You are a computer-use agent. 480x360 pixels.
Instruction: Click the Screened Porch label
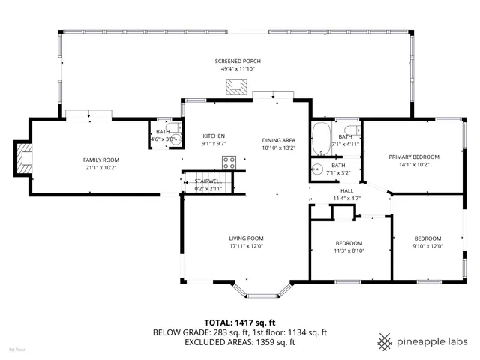click(237, 61)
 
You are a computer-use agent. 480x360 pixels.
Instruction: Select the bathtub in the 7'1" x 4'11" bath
click(322, 138)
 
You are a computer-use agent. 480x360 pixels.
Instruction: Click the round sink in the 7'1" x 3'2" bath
click(318, 169)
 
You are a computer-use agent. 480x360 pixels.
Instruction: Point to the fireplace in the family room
click(25, 159)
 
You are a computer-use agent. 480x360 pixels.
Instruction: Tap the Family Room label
click(100, 160)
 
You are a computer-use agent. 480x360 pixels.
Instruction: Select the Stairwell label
click(208, 181)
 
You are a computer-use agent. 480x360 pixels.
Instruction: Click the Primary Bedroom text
click(414, 157)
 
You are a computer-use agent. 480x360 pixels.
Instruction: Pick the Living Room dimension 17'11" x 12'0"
click(247, 246)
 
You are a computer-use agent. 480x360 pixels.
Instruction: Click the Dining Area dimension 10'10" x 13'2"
click(278, 148)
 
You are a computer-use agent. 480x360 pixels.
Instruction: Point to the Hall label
click(347, 190)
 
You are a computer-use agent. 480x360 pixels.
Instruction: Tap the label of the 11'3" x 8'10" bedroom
click(349, 243)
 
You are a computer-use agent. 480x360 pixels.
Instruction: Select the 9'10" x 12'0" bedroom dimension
click(428, 246)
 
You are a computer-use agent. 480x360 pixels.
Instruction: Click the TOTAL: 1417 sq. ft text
click(240, 322)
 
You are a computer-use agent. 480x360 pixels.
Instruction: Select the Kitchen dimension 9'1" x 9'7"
click(214, 144)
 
